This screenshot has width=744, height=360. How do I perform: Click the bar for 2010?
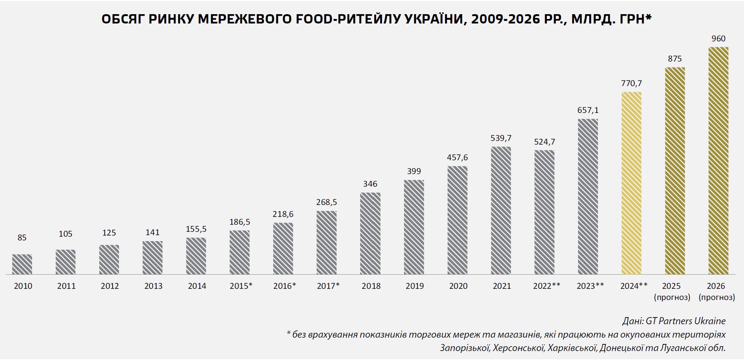tap(22, 264)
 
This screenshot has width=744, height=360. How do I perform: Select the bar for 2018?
tap(370, 233)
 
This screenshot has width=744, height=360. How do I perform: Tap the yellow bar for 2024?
tap(631, 183)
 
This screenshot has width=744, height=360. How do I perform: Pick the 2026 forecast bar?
tap(718, 161)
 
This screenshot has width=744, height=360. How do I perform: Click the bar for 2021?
tap(501, 211)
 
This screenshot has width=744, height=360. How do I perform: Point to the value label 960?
tap(718, 39)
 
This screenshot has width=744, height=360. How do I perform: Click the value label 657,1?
tap(588, 110)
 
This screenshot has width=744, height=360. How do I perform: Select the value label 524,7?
tap(545, 142)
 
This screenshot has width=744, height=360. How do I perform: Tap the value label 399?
tap(414, 171)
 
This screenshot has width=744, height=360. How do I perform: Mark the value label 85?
tap(22, 238)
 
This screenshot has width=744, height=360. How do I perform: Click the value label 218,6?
tap(283, 214)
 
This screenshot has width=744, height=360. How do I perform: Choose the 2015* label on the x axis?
tap(241, 286)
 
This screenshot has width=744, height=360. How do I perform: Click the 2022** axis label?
tap(546, 286)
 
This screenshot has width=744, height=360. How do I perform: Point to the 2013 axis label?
tap(153, 286)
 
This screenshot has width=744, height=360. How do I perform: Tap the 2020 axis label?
tap(458, 286)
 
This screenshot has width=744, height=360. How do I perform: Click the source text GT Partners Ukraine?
tap(685, 321)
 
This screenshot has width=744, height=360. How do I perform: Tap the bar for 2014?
tap(196, 256)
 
